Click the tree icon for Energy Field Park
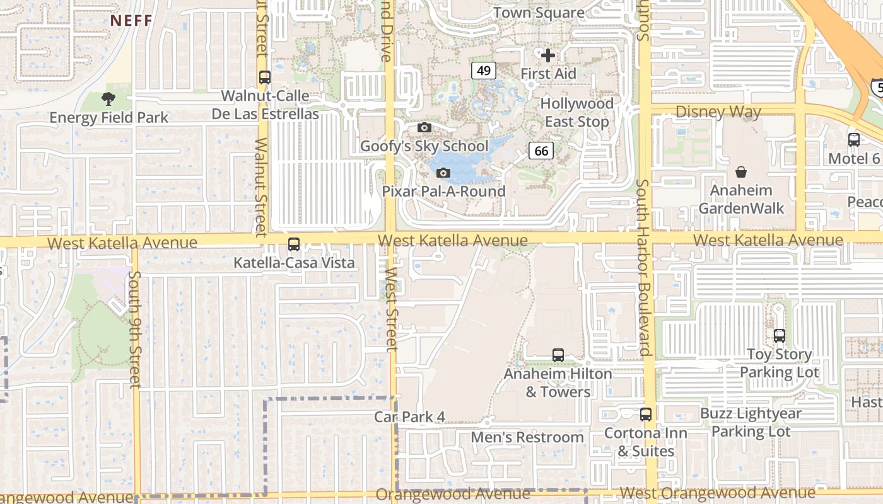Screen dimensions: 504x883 tap(108, 98)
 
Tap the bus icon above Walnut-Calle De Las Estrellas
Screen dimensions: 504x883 tap(265, 77)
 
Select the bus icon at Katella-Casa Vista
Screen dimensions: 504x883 tap(294, 244)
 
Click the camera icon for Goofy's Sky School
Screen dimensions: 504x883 tap(424, 128)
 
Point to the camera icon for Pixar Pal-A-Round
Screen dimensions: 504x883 tap(443, 173)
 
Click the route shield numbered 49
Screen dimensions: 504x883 tap(484, 70)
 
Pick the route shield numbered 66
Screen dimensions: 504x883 tap(541, 150)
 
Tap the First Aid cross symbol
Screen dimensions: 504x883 tap(548, 55)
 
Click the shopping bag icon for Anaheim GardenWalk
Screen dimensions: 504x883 tap(741, 171)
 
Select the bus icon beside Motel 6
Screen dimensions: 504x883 tap(854, 140)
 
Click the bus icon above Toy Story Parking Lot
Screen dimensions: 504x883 tap(780, 336)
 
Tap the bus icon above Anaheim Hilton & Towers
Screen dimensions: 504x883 tap(558, 355)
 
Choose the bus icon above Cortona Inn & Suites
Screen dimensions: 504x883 tap(646, 415)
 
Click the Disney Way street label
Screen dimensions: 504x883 tap(718, 112)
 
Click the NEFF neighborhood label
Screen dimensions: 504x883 tap(132, 20)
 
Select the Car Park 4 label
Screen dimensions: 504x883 tap(409, 416)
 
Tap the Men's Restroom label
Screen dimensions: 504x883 tap(528, 437)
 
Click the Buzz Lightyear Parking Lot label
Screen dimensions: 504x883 tap(751, 422)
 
